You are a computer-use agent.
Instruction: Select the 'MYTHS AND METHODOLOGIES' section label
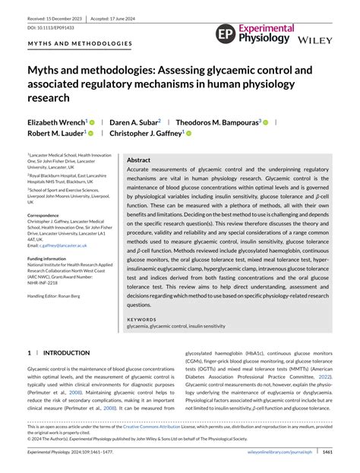point(80,44)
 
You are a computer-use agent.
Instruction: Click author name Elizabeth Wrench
point(57,121)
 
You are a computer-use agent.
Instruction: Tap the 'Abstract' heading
point(138,161)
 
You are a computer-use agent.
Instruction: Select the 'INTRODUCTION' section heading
point(66,353)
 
